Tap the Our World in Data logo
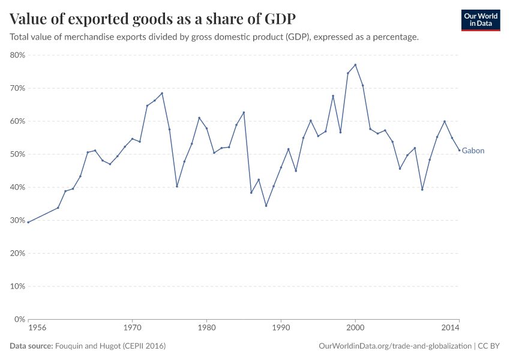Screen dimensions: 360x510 tap(480, 20)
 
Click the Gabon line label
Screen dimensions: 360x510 tap(473, 151)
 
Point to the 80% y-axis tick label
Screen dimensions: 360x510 tap(17, 55)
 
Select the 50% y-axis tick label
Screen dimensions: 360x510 tap(17, 154)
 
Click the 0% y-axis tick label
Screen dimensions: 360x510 tap(19, 319)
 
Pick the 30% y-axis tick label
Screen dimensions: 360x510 tap(17, 220)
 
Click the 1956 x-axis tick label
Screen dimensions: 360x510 tap(37, 329)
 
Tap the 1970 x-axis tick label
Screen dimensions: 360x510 tap(132, 329)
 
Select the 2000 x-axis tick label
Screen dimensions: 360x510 tap(355, 329)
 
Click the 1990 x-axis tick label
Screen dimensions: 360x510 tap(281, 329)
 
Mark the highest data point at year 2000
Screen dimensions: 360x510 tap(355, 65)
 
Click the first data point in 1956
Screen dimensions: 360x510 tap(28, 222)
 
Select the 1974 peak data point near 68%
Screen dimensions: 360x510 tap(162, 93)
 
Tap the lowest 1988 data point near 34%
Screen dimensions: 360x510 tap(266, 206)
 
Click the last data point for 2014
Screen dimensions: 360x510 tap(460, 151)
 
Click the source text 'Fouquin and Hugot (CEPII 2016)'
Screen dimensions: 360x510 tap(110, 346)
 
